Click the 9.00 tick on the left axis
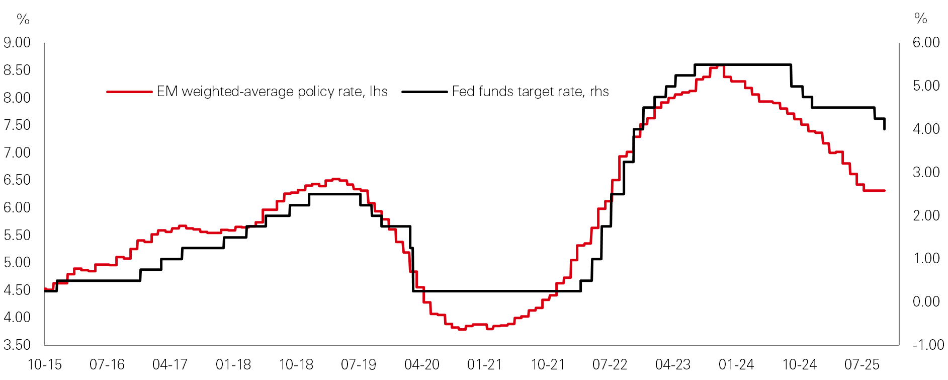tap(17, 43)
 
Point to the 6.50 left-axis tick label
tap(17, 180)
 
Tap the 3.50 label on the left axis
tap(17, 345)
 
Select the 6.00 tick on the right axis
tap(926, 42)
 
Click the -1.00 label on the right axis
tap(928, 345)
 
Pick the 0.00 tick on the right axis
tap(926, 301)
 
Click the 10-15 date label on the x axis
tap(45, 364)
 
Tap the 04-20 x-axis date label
tap(421, 364)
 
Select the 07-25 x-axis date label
tap(862, 364)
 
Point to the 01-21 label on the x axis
tap(484, 364)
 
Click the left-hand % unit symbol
tap(23, 19)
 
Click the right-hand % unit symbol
tap(921, 19)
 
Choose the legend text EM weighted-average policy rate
tap(272, 92)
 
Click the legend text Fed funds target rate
tap(530, 92)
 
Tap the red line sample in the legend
tap(129, 92)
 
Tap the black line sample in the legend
tap(424, 92)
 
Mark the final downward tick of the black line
tap(884, 125)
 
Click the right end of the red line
tap(884, 191)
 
